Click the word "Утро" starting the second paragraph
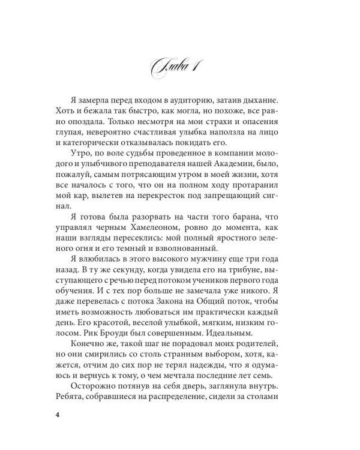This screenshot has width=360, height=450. coord(83,166)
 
